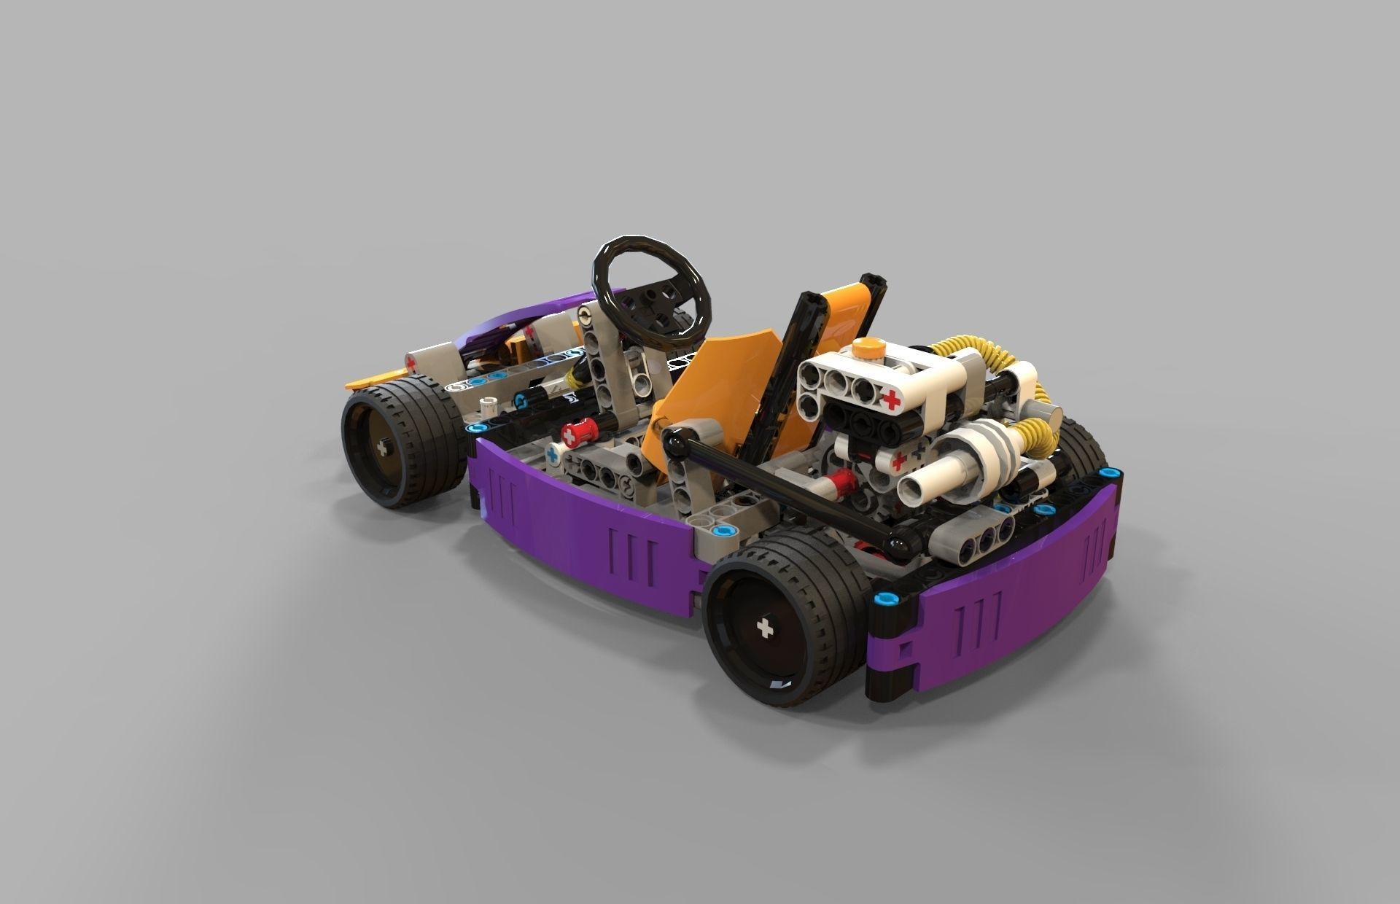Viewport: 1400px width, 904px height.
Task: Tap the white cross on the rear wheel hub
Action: coord(765,628)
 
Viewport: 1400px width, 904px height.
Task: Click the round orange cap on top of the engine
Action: coord(869,348)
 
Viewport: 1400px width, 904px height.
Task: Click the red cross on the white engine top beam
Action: coord(890,398)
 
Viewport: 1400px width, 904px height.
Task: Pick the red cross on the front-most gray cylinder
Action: coord(411,362)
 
